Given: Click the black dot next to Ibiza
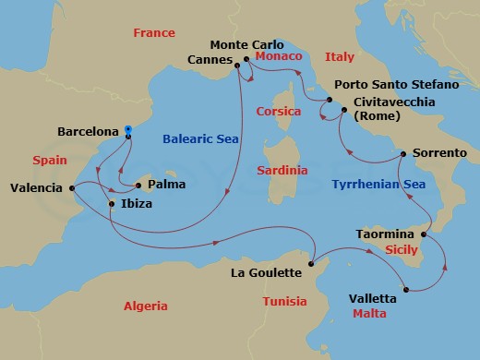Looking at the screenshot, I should point(111,203).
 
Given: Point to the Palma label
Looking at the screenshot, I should point(167,184).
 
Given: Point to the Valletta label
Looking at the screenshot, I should point(373,298).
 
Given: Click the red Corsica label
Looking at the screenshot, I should point(278,111).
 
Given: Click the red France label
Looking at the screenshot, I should point(154,32).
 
